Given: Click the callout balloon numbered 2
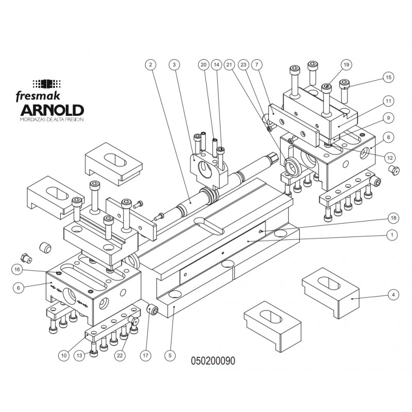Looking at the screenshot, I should click(150, 65).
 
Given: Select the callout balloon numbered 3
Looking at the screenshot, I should click(175, 65).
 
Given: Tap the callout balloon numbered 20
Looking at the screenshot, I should click(203, 65).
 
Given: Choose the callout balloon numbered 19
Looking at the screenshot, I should click(346, 65).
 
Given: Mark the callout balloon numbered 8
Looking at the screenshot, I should click(388, 137).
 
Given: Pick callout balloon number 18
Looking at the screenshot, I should click(393, 218).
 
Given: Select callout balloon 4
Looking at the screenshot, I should click(393, 295).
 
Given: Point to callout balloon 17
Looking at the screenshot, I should click(145, 355).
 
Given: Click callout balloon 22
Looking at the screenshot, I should click(120, 355).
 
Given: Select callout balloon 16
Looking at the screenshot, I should click(18, 269).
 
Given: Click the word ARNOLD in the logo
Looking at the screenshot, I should click(51, 110).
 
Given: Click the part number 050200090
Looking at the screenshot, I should click(213, 361).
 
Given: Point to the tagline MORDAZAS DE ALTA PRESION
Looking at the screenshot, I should click(51, 119).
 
